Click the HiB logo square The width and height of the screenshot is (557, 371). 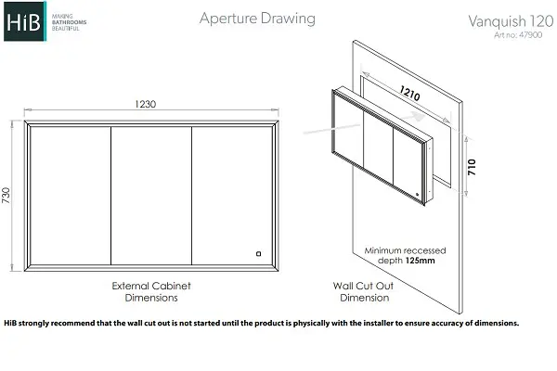click(x=25, y=21)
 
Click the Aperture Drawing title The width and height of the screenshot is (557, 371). click(x=257, y=19)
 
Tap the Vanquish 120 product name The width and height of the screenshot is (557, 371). click(x=511, y=21)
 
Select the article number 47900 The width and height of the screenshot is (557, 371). click(x=530, y=35)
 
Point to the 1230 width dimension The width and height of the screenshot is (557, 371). click(x=146, y=104)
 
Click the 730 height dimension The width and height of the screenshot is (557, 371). click(x=6, y=196)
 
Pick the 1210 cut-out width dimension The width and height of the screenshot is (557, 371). click(x=409, y=93)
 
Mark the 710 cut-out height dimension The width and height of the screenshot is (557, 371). click(x=472, y=167)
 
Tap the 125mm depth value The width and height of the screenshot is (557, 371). click(x=421, y=261)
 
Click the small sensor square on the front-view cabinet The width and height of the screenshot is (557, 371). click(x=259, y=253)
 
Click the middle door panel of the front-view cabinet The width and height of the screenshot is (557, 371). click(x=151, y=196)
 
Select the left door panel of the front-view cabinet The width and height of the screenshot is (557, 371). click(x=71, y=196)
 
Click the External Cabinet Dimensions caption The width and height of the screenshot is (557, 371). click(x=151, y=291)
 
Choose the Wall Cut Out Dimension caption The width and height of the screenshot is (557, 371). click(x=364, y=291)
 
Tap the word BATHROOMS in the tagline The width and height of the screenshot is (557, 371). click(x=70, y=22)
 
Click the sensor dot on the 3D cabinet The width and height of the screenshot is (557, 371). click(x=418, y=194)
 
